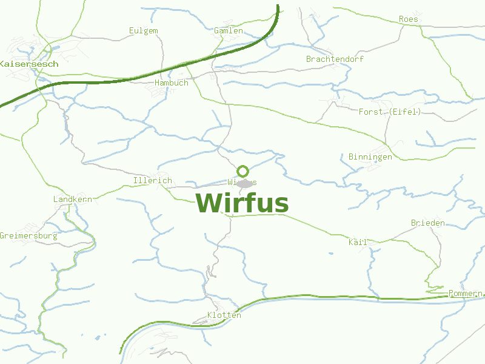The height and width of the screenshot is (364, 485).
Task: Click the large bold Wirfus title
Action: [x=242, y=203]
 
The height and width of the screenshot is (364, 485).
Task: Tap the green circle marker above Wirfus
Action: [x=243, y=171]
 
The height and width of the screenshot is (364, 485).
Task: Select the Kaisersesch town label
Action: [x=28, y=64]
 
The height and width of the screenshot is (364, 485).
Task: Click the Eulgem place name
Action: [x=144, y=31]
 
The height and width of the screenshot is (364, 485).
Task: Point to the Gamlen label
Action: [x=229, y=31]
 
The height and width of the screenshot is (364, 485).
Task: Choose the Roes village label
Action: [x=409, y=19]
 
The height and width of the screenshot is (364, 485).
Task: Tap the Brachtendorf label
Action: [x=335, y=59]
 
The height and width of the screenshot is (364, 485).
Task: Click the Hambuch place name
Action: [x=172, y=83]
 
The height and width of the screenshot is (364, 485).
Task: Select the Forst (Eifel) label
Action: [x=389, y=112]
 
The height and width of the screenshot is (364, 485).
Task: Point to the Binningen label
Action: [x=370, y=157]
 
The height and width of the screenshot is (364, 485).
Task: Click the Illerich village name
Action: [x=152, y=181]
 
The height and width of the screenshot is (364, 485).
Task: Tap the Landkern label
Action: [x=72, y=200]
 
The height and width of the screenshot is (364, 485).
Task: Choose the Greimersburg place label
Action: [x=28, y=235]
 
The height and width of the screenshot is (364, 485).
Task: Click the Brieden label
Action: [x=427, y=223]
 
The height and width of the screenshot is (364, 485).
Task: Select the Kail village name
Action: [x=358, y=242]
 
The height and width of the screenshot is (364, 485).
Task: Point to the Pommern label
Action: [x=465, y=294]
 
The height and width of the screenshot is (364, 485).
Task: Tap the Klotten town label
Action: [x=224, y=315]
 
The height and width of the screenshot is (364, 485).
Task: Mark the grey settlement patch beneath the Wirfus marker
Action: [x=244, y=184]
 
